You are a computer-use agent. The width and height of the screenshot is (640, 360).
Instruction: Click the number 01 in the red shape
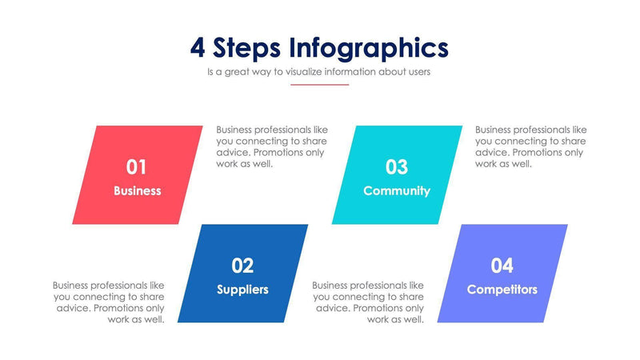click(137, 166)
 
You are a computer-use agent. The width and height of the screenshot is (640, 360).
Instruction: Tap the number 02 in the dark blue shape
click(242, 266)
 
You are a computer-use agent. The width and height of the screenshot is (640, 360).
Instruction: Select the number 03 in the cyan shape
click(397, 166)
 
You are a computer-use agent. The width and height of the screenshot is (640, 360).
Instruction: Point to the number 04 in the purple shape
click(502, 266)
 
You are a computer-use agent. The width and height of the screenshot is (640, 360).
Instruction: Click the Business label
click(137, 190)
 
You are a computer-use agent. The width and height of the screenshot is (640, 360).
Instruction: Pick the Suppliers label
click(242, 290)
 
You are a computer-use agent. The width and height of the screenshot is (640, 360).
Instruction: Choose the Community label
click(397, 190)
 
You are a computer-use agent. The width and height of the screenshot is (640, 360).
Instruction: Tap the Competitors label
click(502, 290)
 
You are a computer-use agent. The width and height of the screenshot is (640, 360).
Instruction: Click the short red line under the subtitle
click(319, 84)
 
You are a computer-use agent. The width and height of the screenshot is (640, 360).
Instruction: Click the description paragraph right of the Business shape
click(271, 146)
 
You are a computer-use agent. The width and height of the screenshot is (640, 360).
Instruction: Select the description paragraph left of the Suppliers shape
click(110, 302)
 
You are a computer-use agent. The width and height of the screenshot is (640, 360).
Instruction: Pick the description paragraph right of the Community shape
click(530, 146)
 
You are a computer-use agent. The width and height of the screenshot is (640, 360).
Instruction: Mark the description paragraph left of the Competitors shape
click(369, 302)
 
